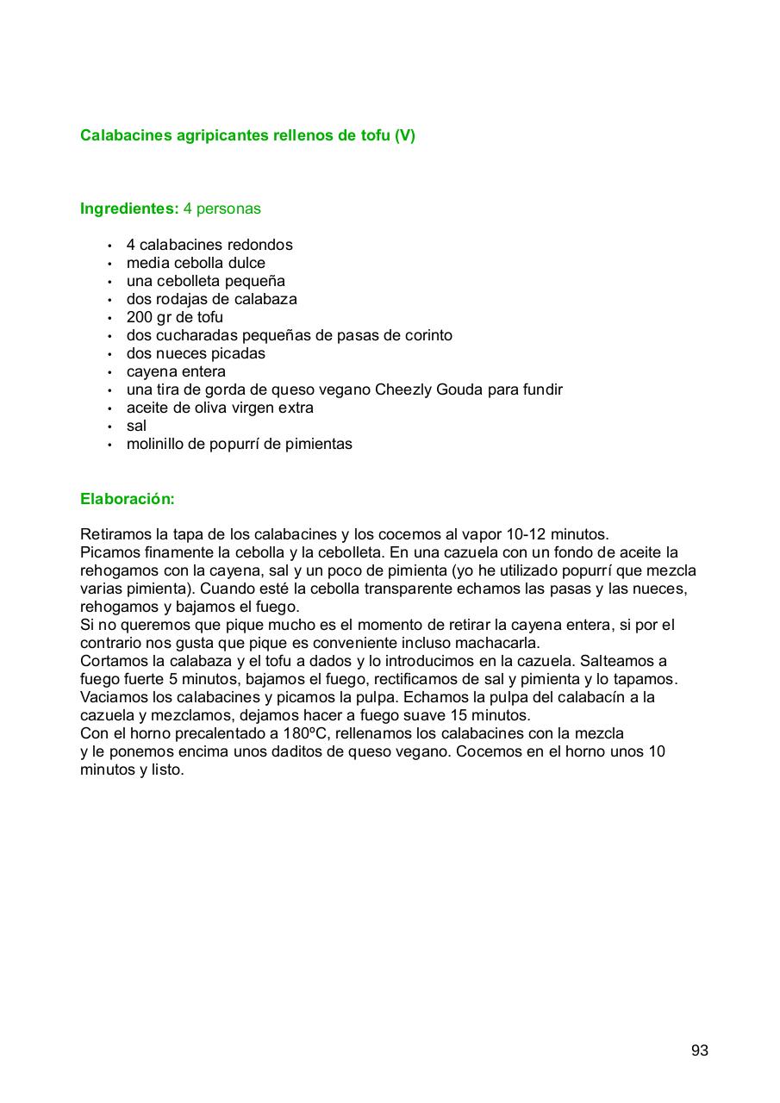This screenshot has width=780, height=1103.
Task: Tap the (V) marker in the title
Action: point(404,135)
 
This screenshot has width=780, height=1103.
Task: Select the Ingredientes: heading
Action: point(129,209)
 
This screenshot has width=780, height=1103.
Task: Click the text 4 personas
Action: point(222,209)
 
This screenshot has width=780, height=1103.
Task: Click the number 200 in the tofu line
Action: point(140,317)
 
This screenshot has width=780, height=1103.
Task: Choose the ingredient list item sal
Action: point(136,426)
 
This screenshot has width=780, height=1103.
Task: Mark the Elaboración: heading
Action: point(128,499)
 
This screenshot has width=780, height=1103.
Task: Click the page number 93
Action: point(699,1050)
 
